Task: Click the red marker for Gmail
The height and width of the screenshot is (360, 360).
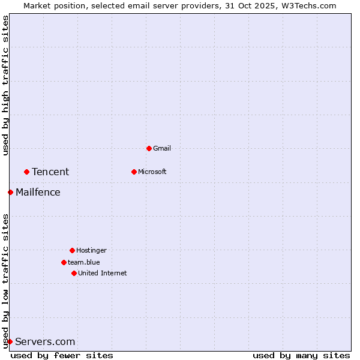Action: point(149,148)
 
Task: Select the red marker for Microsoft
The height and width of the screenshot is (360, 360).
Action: point(134,172)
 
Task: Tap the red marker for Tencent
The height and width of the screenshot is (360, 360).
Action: point(26,172)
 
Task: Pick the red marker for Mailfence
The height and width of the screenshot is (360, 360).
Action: point(10,192)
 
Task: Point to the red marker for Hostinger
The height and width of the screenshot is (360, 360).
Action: point(72,250)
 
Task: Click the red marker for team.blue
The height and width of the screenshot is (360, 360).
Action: point(64,262)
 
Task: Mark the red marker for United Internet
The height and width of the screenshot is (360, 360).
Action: point(74,273)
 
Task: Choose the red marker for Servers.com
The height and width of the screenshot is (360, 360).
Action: point(10,341)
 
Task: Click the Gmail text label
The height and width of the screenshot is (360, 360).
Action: point(162,148)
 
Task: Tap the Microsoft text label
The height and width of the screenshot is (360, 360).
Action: point(152,172)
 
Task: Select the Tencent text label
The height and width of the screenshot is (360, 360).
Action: point(50,172)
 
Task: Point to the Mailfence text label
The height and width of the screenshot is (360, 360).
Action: point(38,193)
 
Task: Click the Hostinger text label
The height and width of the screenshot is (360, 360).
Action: point(91,250)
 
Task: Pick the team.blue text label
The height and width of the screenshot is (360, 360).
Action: point(84,262)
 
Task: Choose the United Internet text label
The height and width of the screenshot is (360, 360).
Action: point(103,273)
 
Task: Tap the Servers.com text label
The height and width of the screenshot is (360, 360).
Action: point(45,342)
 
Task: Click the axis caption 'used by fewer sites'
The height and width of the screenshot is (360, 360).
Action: point(62,355)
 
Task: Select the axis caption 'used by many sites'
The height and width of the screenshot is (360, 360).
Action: point(301,355)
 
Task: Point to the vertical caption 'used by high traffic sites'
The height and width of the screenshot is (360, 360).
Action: point(5,85)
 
